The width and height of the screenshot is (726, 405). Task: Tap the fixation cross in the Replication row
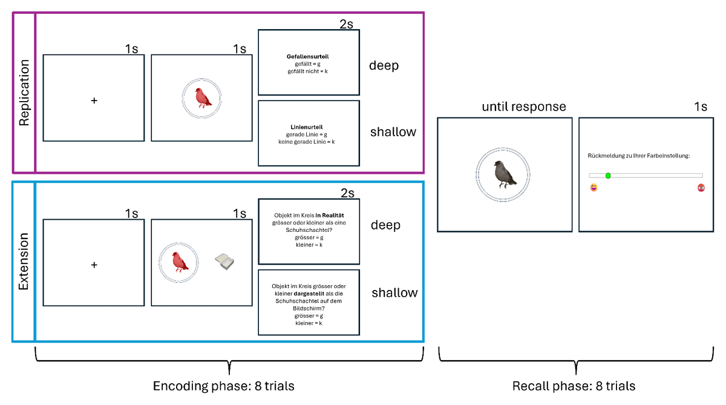(x=94, y=101)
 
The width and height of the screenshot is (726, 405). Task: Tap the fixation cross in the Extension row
(x=94, y=265)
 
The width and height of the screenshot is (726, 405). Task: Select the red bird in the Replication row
(x=202, y=97)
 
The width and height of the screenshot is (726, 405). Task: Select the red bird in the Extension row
(x=178, y=262)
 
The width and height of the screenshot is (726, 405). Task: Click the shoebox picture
(x=224, y=262)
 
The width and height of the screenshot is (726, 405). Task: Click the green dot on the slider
(x=608, y=176)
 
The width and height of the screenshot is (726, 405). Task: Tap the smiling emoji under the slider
(x=594, y=188)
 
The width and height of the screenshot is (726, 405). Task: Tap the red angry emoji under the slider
(x=701, y=188)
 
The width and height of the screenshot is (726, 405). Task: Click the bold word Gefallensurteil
(x=307, y=57)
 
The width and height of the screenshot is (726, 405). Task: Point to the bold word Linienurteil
(x=307, y=127)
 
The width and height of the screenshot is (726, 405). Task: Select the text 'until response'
(x=524, y=107)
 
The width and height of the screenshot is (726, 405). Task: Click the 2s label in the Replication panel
(x=347, y=24)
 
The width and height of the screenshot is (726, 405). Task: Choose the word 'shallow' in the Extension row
(x=394, y=293)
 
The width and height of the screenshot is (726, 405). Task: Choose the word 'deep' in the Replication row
(x=384, y=65)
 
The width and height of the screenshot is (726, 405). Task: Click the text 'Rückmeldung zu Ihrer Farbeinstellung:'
(x=639, y=156)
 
